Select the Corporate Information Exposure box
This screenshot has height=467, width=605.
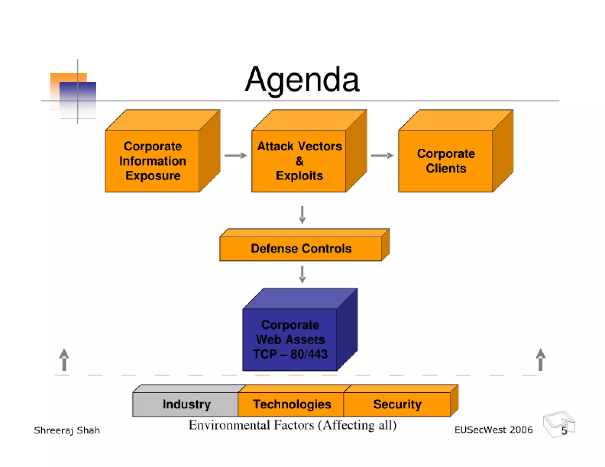[152, 161]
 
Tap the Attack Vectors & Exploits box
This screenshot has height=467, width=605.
[299, 161]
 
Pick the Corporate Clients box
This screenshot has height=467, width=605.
[445, 161]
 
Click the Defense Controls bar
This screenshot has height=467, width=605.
[301, 249]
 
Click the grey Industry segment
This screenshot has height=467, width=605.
[186, 404]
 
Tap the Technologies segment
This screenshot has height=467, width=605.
[292, 404]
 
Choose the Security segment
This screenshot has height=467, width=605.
[397, 404]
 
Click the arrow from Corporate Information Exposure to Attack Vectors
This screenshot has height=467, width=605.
[235, 156]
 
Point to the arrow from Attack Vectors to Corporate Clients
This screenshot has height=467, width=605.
[382, 156]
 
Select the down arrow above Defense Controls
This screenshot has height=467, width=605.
[302, 215]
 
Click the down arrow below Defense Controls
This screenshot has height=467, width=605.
[302, 275]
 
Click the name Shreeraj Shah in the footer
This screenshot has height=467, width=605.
[67, 430]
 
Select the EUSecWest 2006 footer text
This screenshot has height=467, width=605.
[493, 430]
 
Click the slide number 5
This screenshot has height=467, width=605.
[564, 431]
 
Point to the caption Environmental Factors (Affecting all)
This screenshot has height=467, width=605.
[292, 425]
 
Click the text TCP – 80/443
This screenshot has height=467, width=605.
[290, 354]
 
